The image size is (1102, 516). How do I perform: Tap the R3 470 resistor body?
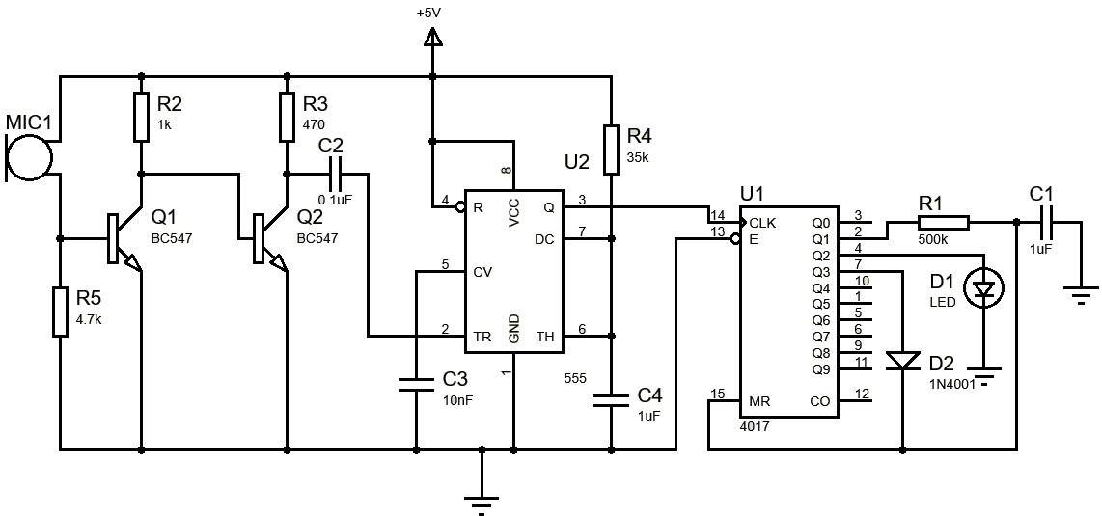coord(286,116)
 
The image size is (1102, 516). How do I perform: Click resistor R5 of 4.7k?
coord(60,311)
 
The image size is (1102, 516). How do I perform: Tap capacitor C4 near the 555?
coord(610,399)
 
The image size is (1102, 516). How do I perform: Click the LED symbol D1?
coord(983,286)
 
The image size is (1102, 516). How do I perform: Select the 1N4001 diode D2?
coord(902,360)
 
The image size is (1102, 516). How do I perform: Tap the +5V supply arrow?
coord(432,38)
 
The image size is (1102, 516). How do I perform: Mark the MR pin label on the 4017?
coord(758,400)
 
